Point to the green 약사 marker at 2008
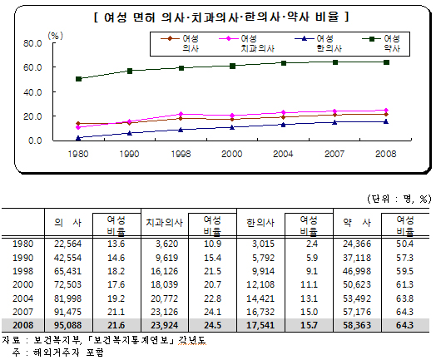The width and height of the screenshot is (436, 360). coord(385,62)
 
